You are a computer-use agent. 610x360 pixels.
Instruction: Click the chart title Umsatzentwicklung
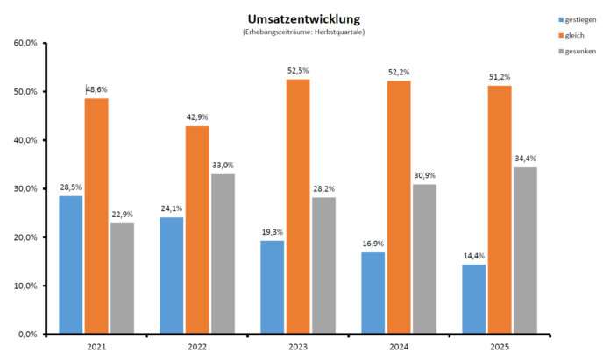tap(304, 18)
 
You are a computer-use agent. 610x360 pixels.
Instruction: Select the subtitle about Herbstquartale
tap(303, 32)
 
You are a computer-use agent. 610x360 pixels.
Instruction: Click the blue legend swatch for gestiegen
tap(562, 18)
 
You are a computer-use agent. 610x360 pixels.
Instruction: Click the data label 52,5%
tap(297, 70)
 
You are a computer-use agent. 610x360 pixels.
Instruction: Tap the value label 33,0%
tap(223, 165)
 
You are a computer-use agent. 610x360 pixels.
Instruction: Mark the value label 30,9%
tap(423, 175)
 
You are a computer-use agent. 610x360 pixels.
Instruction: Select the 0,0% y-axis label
tap(26, 335)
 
